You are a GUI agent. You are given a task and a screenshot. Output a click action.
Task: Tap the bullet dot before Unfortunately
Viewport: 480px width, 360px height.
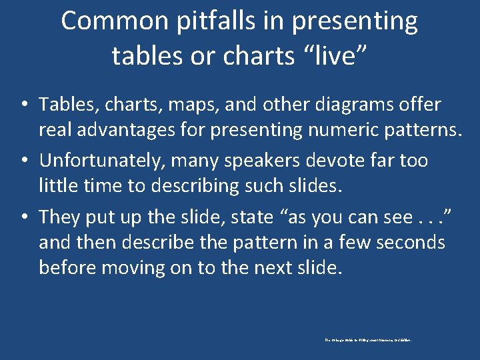click(x=23, y=161)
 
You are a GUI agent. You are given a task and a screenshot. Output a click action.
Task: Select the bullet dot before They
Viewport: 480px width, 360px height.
click(x=23, y=217)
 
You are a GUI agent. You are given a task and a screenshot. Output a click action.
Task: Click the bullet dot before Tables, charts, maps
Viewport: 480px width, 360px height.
click(x=23, y=105)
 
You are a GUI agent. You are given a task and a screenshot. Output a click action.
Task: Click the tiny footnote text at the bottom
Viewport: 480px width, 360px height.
click(x=368, y=340)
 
